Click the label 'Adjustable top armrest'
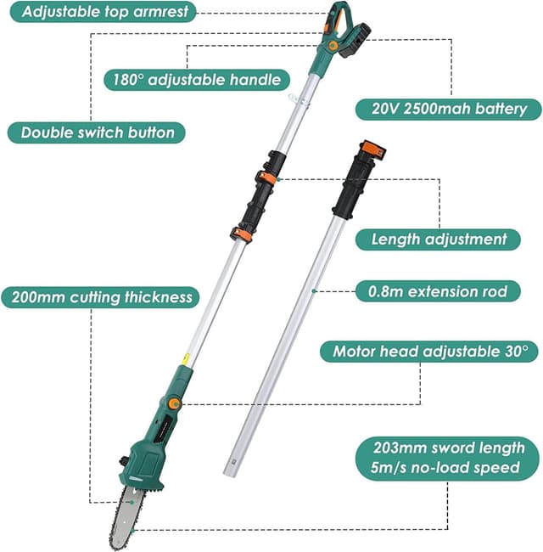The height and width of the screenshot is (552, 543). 101,12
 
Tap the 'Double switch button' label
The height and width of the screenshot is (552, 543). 97,132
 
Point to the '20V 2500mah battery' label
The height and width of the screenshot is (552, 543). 448,108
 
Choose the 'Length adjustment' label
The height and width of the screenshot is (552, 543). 439,239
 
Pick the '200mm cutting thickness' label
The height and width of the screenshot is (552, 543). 100,297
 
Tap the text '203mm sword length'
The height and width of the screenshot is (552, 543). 446,448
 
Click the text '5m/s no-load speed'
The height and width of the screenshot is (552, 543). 446,468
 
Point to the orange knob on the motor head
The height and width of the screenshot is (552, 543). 174,403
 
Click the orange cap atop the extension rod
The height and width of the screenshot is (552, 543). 372,152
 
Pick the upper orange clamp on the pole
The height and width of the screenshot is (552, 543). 266,177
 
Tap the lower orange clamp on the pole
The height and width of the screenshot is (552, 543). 241,234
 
